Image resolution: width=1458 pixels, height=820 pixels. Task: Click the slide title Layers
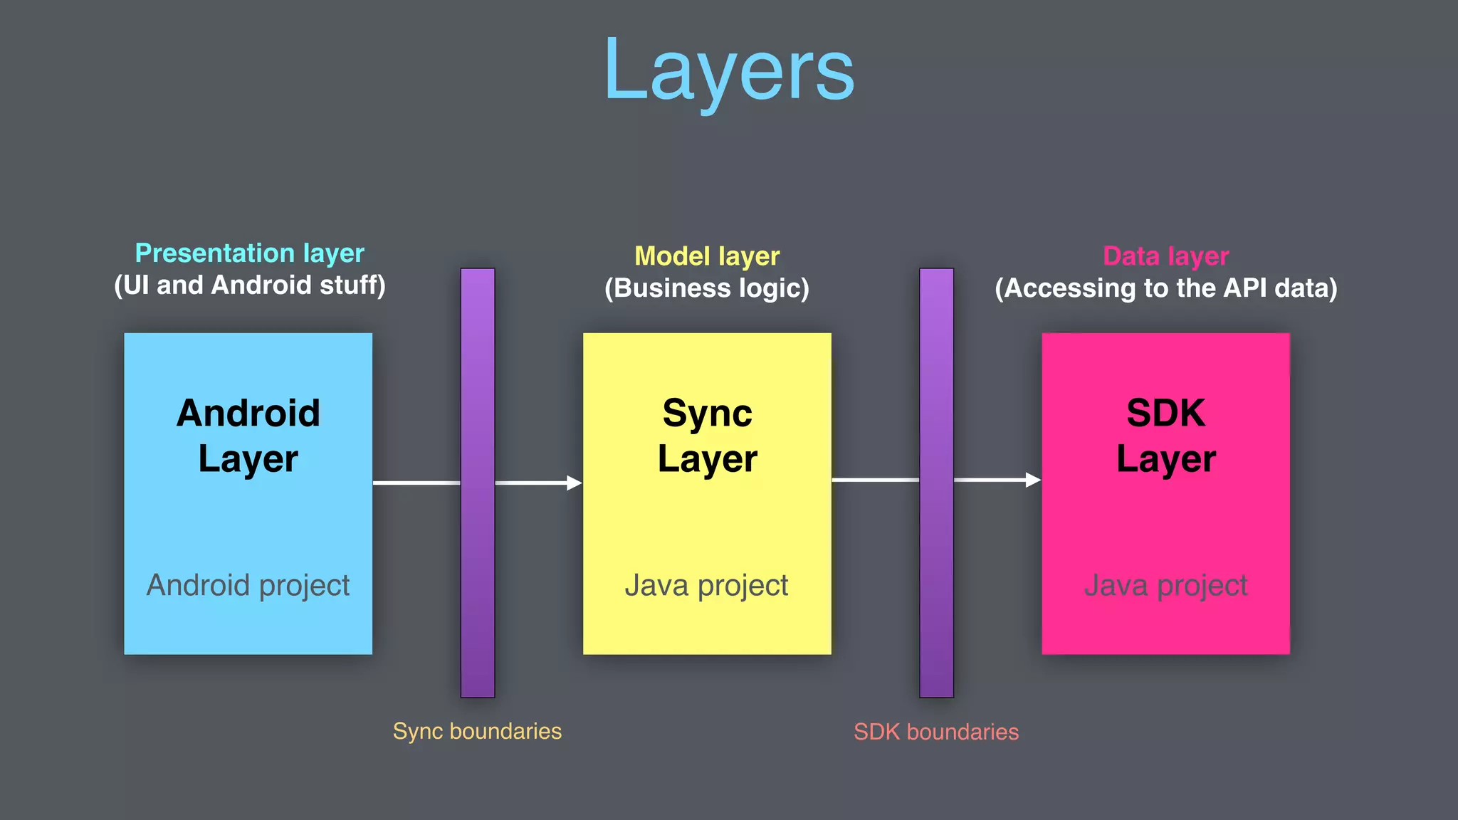pyautogui.click(x=729, y=71)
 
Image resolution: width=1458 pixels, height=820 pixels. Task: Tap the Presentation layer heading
pyautogui.click(x=249, y=253)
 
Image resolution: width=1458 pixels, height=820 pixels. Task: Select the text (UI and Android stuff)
pyautogui.click(x=249, y=285)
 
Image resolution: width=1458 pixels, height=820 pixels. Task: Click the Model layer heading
pyautogui.click(x=707, y=256)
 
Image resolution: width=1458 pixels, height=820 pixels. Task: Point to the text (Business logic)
pyautogui.click(x=707, y=288)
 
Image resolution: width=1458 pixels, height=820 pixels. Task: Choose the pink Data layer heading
pyautogui.click(x=1165, y=256)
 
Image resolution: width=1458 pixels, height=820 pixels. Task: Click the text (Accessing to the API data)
pyautogui.click(x=1165, y=288)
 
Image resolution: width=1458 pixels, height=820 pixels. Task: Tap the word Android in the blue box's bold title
pyautogui.click(x=248, y=413)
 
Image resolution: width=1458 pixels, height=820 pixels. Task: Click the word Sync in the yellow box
pyautogui.click(x=707, y=413)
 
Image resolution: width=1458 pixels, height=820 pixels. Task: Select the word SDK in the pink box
pyautogui.click(x=1165, y=413)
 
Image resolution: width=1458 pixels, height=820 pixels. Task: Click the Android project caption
pyautogui.click(x=248, y=585)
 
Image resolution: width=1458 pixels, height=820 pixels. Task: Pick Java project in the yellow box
pyautogui.click(x=706, y=585)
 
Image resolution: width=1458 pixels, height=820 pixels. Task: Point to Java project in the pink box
pyautogui.click(x=1165, y=585)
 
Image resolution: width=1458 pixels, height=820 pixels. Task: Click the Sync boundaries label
pyautogui.click(x=477, y=731)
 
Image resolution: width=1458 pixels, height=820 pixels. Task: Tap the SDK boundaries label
pyautogui.click(x=936, y=732)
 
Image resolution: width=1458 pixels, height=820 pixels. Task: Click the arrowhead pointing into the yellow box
pyautogui.click(x=574, y=483)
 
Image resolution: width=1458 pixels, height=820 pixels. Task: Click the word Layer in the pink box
pyautogui.click(x=1165, y=459)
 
